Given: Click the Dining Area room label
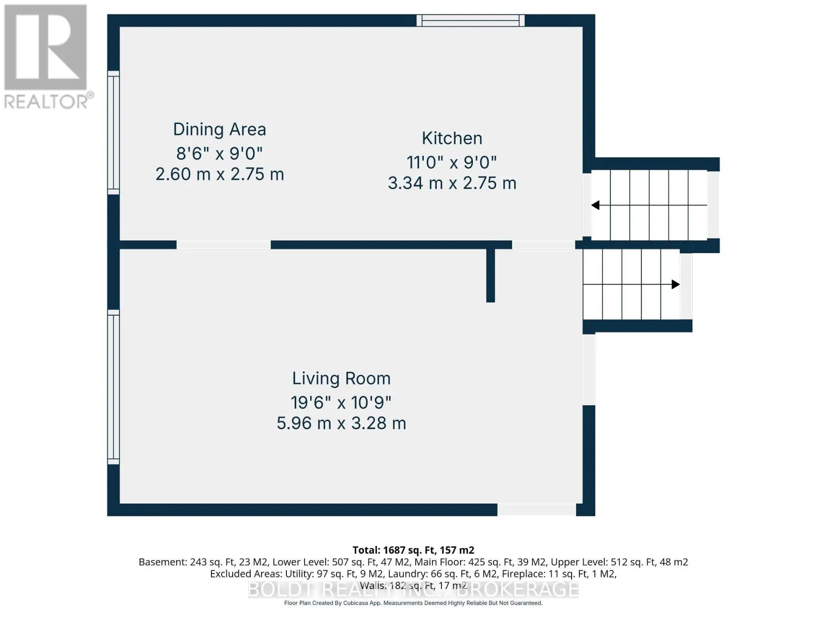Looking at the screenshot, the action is (x=220, y=130).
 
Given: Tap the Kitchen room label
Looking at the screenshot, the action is (x=452, y=138).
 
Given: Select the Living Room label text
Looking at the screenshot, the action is (x=341, y=379).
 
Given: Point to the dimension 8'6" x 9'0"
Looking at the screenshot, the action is (x=219, y=153).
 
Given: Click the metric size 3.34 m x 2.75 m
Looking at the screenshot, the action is (x=452, y=183).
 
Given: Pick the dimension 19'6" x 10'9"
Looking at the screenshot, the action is (x=341, y=403).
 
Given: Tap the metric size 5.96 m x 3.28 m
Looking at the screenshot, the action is (x=341, y=424).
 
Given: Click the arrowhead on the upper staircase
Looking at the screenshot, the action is (x=595, y=205).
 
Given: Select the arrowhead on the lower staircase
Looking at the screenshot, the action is (x=676, y=284).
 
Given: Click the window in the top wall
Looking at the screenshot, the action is (x=470, y=20).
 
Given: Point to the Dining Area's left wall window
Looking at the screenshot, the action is (x=113, y=132).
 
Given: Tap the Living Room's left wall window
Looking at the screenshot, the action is (x=113, y=387).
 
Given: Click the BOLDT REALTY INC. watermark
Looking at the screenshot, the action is (x=413, y=590).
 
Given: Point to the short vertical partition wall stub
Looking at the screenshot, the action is (x=490, y=275).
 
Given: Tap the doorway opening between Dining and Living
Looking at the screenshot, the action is (x=223, y=245).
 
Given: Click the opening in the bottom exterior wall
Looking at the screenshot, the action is (x=537, y=510).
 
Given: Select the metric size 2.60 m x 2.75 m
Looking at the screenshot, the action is (x=220, y=174).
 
